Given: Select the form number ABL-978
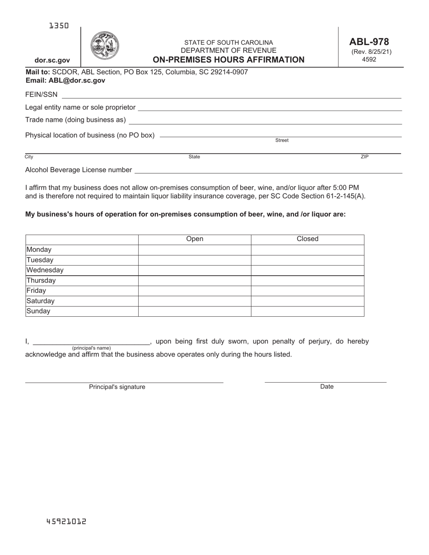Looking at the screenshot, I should tap(369, 42).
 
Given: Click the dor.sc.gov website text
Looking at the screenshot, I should tap(52, 60).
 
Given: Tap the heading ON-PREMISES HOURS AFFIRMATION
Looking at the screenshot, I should tap(228, 60).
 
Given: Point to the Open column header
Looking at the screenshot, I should tap(195, 239).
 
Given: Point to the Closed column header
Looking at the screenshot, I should tap(308, 239).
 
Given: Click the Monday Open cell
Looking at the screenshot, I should tap(195, 250).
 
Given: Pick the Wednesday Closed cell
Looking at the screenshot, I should tap(308, 270).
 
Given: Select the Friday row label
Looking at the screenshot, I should tap(37, 291).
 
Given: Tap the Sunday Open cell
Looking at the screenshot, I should tap(195, 311).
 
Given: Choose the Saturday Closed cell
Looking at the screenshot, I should tap(308, 301).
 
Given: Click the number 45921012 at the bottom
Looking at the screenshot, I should tap(66, 522).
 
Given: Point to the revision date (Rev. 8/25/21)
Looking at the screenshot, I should tap(371, 51).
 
